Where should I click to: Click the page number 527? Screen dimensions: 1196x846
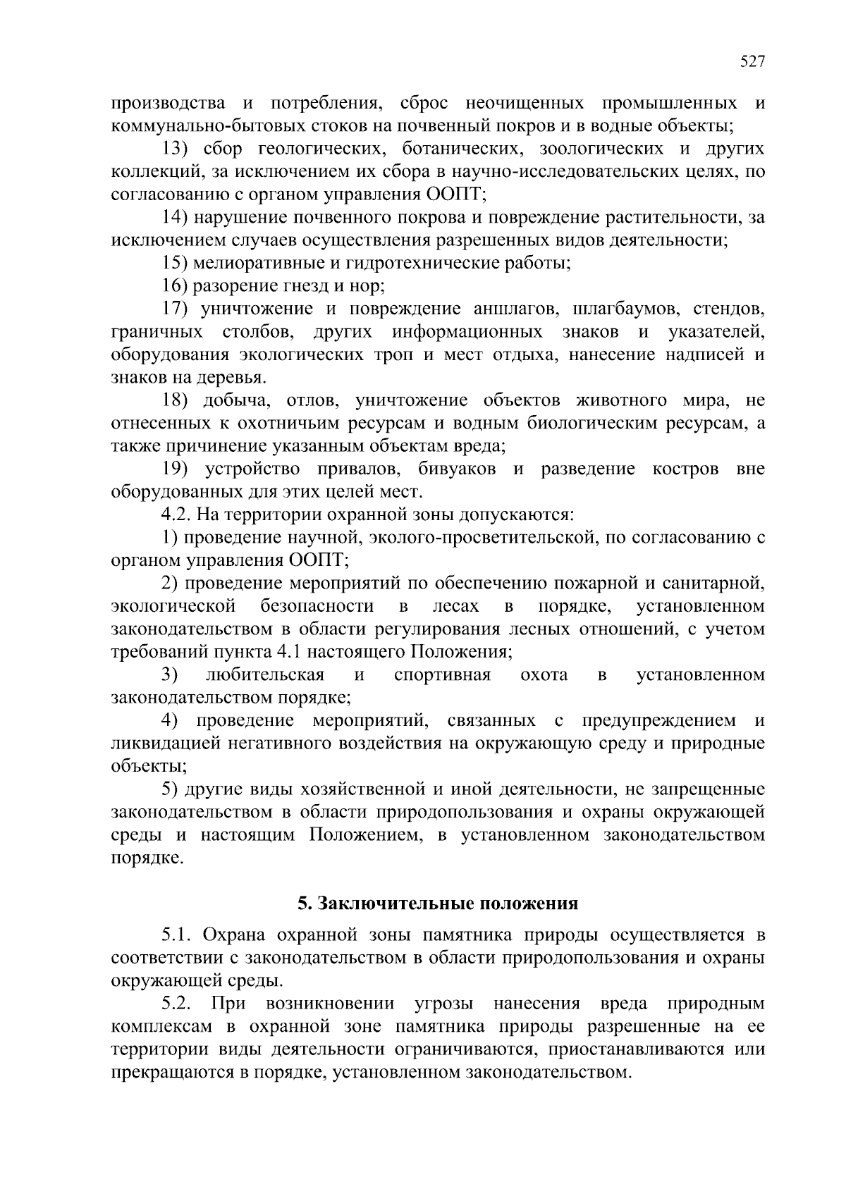[x=752, y=62]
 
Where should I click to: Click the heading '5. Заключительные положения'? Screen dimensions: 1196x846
[x=438, y=904]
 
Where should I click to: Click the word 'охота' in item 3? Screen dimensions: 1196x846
[x=544, y=675]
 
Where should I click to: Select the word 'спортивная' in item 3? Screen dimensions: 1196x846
[x=443, y=675]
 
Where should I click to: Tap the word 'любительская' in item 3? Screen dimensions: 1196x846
[x=264, y=675]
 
